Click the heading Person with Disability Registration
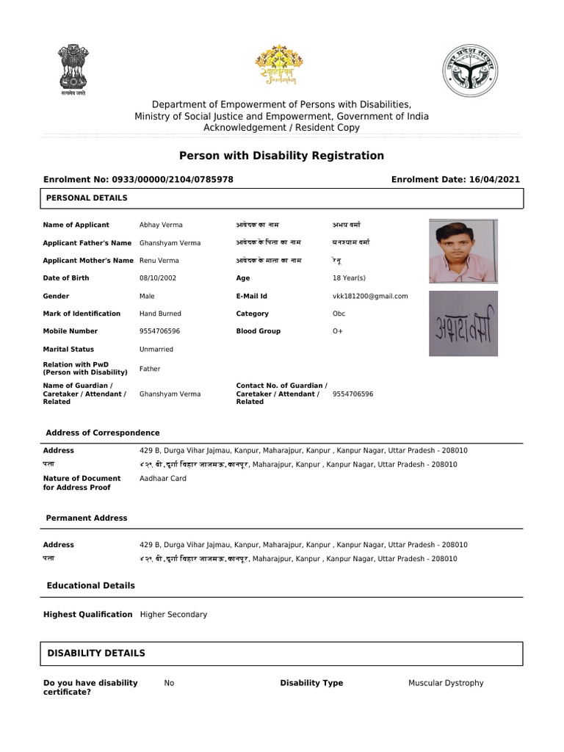pyautogui.click(x=282, y=156)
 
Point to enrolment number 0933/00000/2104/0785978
pyautogui.click(x=172, y=179)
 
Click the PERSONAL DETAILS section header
pyautogui.click(x=87, y=198)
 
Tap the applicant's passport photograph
pyautogui.click(x=463, y=250)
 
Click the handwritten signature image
pyautogui.click(x=463, y=324)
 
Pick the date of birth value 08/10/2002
pyautogui.click(x=158, y=278)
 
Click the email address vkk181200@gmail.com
pyautogui.click(x=370, y=296)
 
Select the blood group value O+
pyautogui.click(x=338, y=331)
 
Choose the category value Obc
pyautogui.click(x=339, y=314)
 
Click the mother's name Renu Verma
pyautogui.click(x=159, y=261)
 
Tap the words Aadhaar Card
pyautogui.click(x=163, y=478)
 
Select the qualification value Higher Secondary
pyautogui.click(x=174, y=614)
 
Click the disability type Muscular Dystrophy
pyautogui.click(x=446, y=683)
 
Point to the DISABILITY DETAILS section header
pyautogui.click(x=96, y=653)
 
